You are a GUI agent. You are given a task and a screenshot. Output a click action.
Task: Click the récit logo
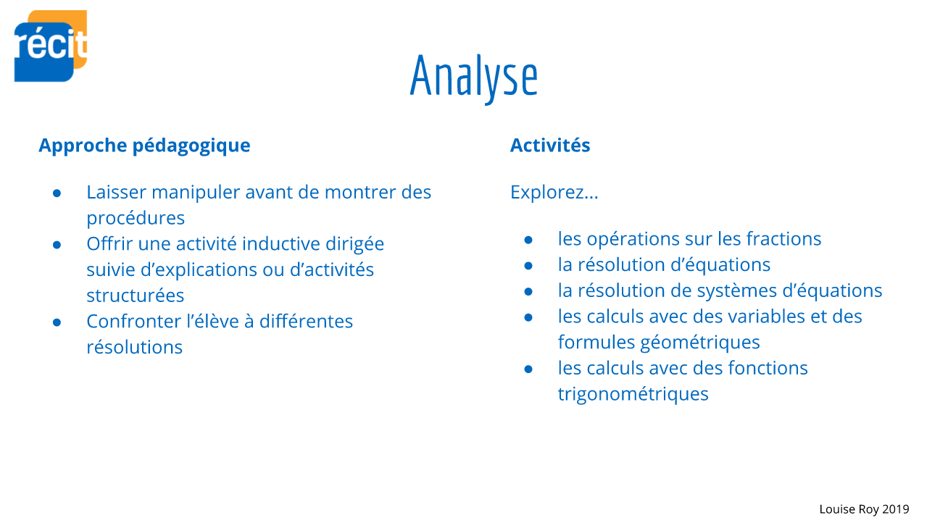(x=51, y=46)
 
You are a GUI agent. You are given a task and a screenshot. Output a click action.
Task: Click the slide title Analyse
(x=474, y=78)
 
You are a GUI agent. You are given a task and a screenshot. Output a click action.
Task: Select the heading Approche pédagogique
(x=144, y=146)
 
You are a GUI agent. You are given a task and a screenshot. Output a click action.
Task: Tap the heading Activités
(x=550, y=145)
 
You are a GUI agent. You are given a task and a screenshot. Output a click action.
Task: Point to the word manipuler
(x=196, y=193)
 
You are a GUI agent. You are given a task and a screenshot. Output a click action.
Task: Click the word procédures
(x=136, y=219)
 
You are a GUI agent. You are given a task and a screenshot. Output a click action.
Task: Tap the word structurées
(x=135, y=296)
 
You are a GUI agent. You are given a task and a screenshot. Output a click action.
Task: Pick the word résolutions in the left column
(x=134, y=348)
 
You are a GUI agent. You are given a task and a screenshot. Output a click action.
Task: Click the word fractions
(x=783, y=239)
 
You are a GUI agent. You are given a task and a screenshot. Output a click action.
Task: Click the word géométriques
(x=700, y=343)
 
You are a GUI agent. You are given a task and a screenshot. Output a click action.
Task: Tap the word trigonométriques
(x=633, y=395)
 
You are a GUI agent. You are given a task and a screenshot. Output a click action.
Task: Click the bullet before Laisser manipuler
(x=57, y=194)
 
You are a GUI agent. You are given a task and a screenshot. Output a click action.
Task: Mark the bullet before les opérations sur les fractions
(x=528, y=241)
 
